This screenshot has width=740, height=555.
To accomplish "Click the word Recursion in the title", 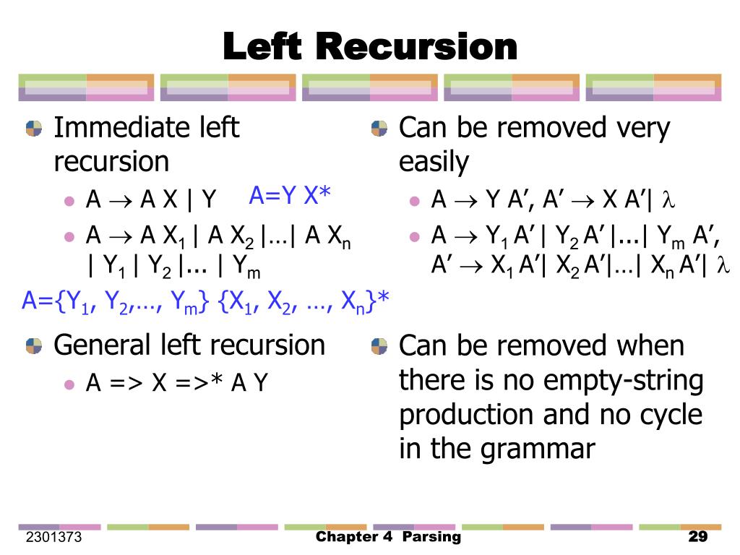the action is (416, 48).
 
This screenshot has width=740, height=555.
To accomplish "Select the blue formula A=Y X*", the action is (290, 195).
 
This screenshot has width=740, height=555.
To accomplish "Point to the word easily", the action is (434, 162).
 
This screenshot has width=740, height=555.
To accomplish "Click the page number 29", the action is (697, 537).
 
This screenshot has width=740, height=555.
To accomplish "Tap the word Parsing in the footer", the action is (431, 537).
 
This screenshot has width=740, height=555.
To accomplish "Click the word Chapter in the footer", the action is (347, 537).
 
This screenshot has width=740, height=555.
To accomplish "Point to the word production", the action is (464, 415).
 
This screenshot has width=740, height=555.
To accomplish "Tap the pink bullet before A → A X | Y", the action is (69, 200).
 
